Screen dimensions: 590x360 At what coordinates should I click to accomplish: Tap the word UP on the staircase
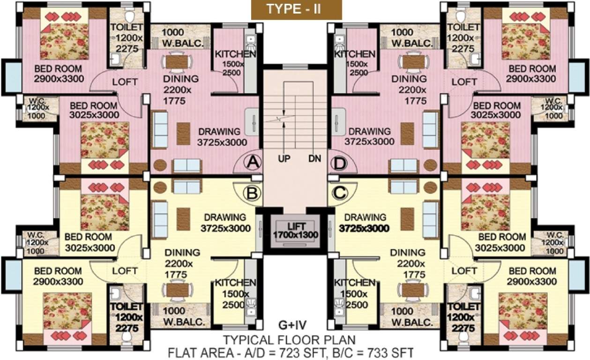click(x=284, y=159)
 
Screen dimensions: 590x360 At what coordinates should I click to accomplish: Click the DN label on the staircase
click(x=314, y=159)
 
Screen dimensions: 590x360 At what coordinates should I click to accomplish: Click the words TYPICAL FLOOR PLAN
click(x=289, y=339)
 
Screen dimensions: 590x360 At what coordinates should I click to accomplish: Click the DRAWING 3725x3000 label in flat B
click(x=225, y=223)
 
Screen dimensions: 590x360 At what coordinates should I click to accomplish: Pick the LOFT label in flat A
click(x=125, y=82)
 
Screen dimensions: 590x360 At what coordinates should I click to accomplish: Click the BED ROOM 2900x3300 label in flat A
click(x=59, y=74)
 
